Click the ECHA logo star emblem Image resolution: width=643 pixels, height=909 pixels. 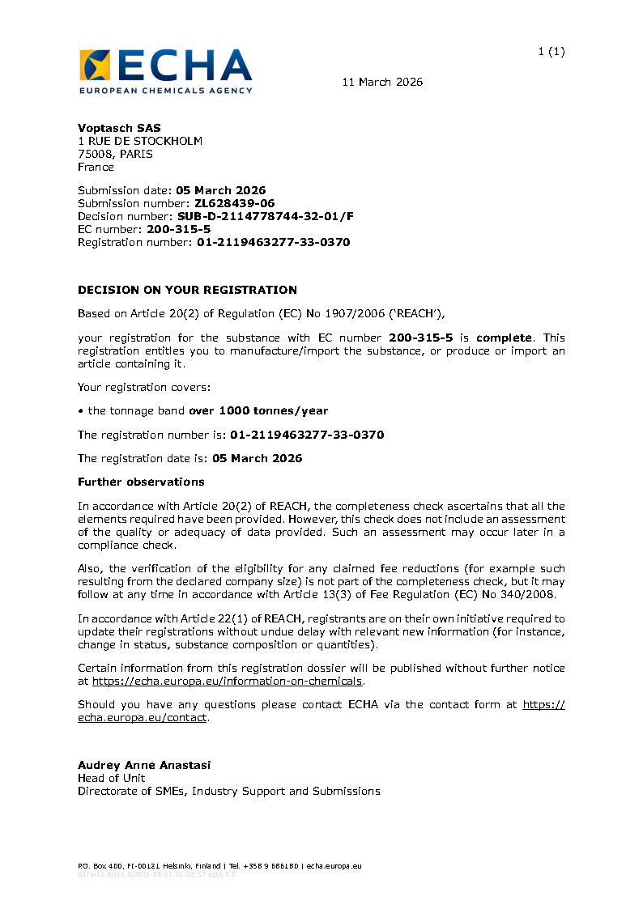pos(94,65)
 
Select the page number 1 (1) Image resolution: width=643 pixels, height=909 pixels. pos(551,52)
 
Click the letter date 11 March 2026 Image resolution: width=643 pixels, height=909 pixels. pos(382,82)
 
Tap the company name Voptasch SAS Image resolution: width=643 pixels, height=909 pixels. pos(119,128)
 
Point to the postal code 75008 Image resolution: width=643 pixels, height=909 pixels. pos(95,154)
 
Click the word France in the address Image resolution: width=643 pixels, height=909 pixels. pos(96,167)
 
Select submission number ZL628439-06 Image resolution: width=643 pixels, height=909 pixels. pos(234,203)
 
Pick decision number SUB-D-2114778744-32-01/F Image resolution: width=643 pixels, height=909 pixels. pos(266,216)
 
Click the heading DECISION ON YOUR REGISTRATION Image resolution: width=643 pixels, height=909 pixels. pos(187,290)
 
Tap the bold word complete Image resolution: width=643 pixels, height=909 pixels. pos(504,338)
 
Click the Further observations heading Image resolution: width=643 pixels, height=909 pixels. pos(141,482)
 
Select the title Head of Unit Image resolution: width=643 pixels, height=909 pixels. pos(112,778)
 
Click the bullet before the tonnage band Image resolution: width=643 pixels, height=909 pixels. pos(81,410)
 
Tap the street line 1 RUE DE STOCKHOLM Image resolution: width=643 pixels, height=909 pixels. pos(140,141)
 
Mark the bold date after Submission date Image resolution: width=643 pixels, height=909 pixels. pos(220,190)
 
